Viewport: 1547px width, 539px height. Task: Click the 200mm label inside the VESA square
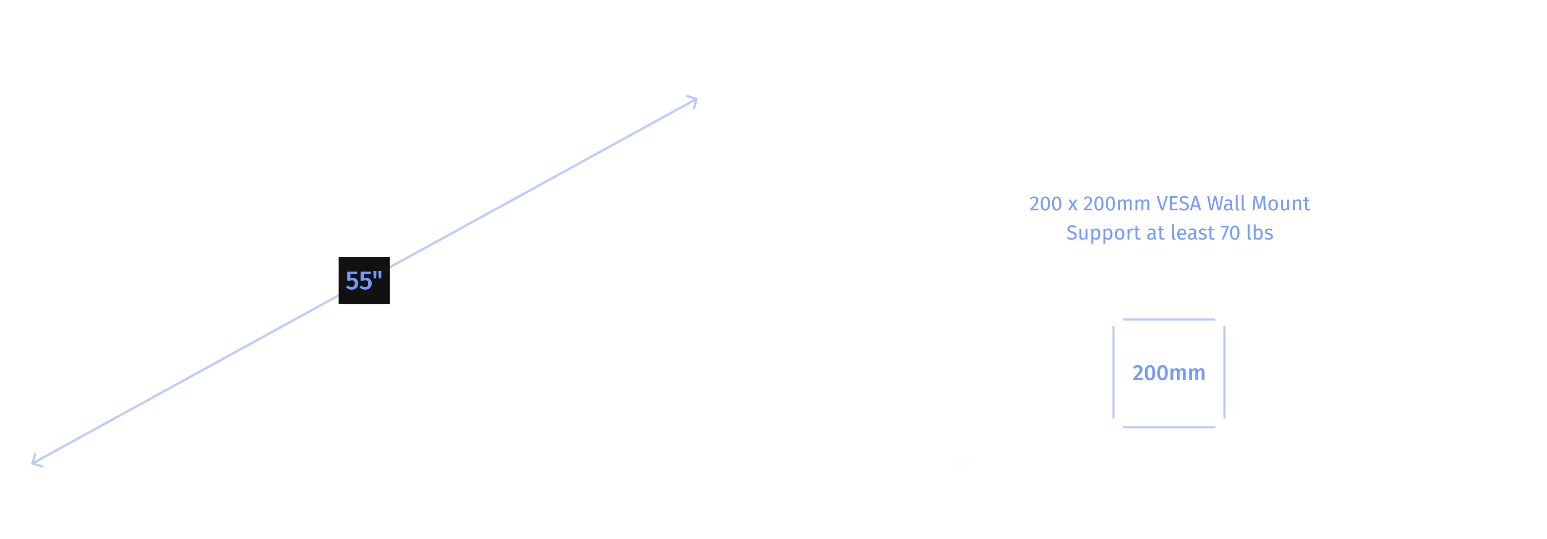pos(1169,373)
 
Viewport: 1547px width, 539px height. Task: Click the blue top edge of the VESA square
pos(1169,319)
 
